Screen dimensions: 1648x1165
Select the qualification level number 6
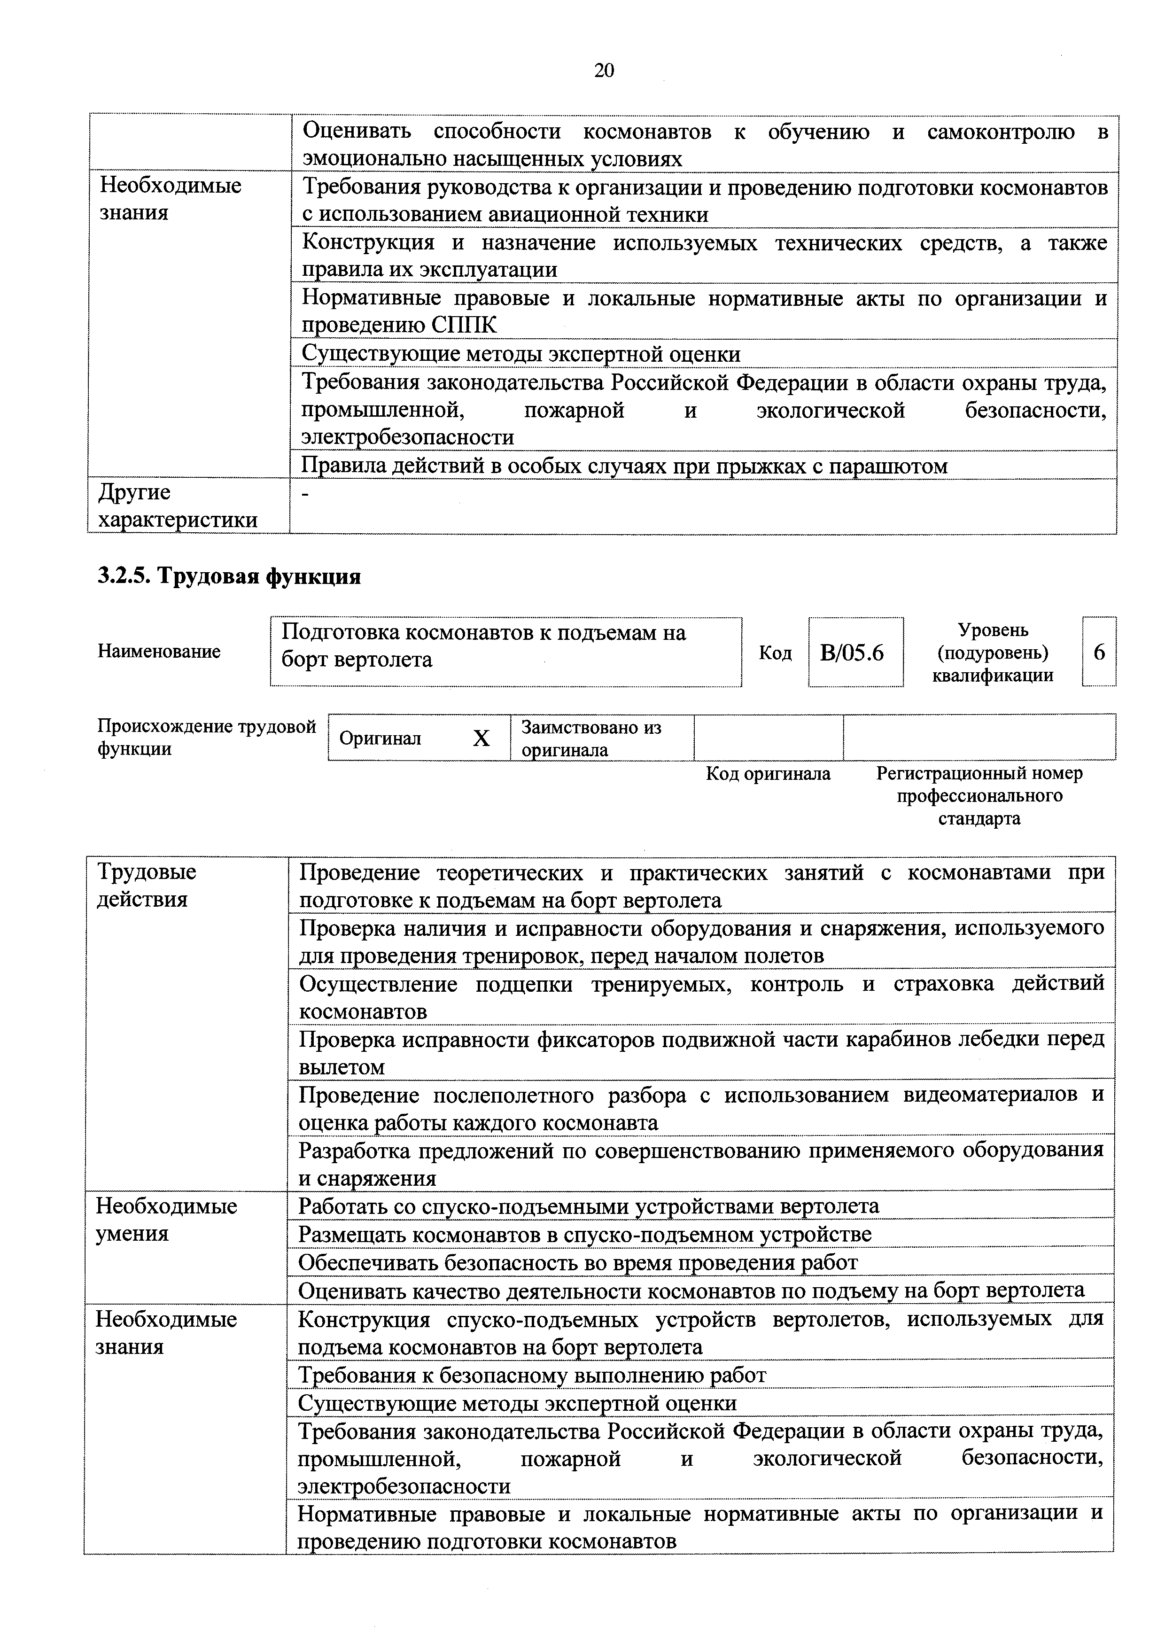pos(1098,653)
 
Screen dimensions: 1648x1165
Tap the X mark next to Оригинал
pos(481,738)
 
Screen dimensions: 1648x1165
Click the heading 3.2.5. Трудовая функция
pos(229,576)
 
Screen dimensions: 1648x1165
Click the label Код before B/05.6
pos(775,653)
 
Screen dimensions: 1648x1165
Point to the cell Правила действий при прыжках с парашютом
pos(623,466)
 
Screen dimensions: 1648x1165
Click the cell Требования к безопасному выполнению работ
pos(532,1375)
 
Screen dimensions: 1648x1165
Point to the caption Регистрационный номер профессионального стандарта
pos(979,795)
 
